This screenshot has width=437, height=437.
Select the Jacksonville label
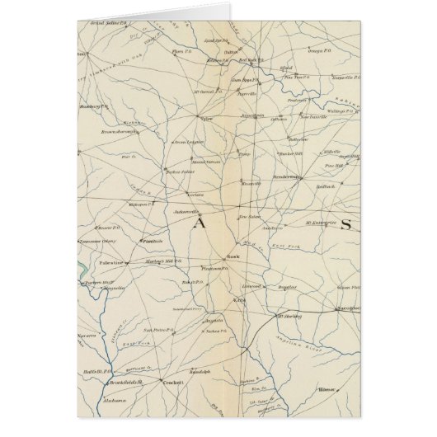pos(188,212)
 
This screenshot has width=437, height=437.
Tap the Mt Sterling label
pos(295,315)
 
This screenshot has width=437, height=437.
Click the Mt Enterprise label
pos(318,223)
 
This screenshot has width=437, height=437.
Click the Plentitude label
pos(152,241)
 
